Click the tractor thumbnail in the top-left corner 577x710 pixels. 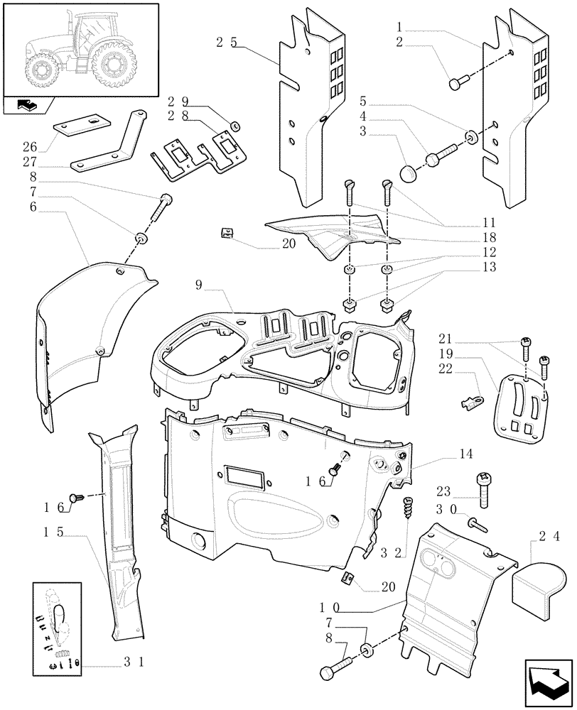[x=80, y=49]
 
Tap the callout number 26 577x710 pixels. [x=29, y=148]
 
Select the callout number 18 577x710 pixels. [x=449, y=237]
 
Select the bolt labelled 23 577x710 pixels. [x=484, y=490]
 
